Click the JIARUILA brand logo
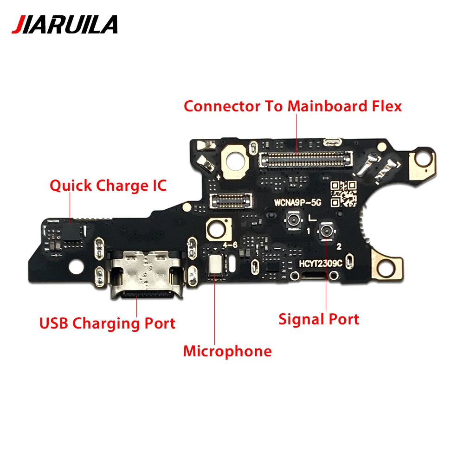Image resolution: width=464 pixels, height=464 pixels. pyautogui.click(x=64, y=25)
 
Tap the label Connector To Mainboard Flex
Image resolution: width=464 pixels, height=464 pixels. pyautogui.click(x=293, y=106)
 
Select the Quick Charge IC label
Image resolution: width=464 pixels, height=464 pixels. pyautogui.click(x=108, y=186)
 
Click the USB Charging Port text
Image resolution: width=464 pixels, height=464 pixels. pyautogui.click(x=107, y=323)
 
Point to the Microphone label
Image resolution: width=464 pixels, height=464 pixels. pyautogui.click(x=227, y=351)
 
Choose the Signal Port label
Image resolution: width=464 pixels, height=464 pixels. pyautogui.click(x=319, y=319)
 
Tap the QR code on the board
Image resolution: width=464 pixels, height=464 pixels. pyautogui.click(x=343, y=194)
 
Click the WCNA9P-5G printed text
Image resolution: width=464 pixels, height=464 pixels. pyautogui.click(x=297, y=203)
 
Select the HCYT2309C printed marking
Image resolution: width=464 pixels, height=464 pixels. pyautogui.click(x=320, y=264)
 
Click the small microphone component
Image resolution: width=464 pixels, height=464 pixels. pyautogui.click(x=215, y=264)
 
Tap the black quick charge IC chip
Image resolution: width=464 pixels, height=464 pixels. pyautogui.click(x=71, y=232)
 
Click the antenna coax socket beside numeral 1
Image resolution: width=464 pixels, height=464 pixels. pyautogui.click(x=293, y=220)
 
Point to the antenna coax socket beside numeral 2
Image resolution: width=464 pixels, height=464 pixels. pyautogui.click(x=326, y=231)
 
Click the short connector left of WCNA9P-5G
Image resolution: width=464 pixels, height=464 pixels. pyautogui.click(x=231, y=200)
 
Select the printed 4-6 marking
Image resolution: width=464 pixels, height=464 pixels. pyautogui.click(x=230, y=245)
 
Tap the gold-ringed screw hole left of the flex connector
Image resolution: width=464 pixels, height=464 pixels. pyautogui.click(x=235, y=161)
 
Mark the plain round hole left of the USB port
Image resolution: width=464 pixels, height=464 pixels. pyautogui.click(x=77, y=266)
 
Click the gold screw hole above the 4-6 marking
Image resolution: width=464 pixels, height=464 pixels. pyautogui.click(x=219, y=230)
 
